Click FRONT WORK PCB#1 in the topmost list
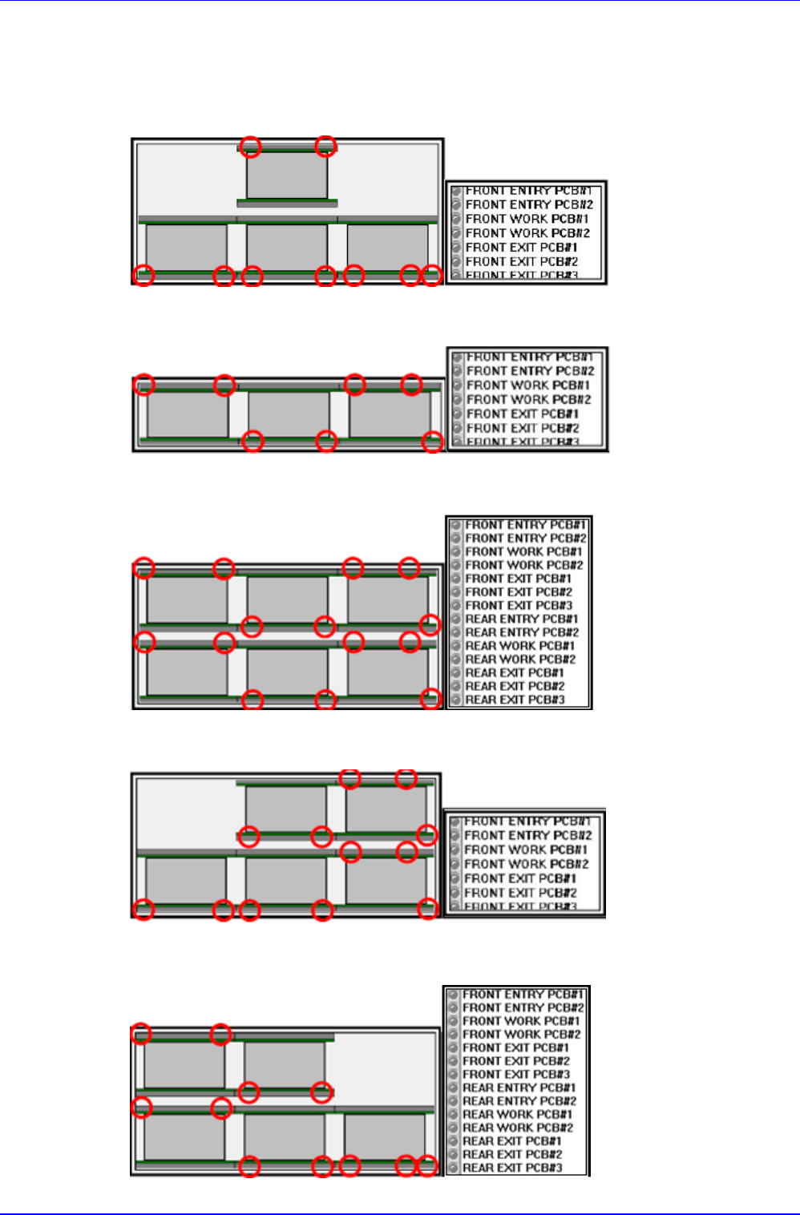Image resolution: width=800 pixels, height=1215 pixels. pos(527,219)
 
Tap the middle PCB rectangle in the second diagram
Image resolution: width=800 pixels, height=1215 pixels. pos(289,414)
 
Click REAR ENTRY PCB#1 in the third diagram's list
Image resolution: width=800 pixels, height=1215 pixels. pos(521,619)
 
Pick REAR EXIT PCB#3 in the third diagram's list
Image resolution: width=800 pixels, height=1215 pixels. pos(515,700)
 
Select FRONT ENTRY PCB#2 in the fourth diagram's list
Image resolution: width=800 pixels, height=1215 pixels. pos(527,835)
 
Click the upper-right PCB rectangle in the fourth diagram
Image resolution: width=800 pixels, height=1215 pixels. pos(386,809)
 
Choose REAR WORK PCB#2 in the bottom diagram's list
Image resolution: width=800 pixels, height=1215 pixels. pos(517,1128)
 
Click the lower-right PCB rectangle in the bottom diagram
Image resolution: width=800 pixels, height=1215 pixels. pos(384,1136)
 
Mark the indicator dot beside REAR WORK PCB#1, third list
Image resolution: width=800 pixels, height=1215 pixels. pos(456,646)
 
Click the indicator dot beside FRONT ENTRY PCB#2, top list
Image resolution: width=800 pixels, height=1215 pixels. pos(457,205)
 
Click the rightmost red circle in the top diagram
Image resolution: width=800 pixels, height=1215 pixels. pos(431,276)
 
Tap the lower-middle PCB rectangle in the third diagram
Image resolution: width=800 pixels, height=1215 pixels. pos(287,672)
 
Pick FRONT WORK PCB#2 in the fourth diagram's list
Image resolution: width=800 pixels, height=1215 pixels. pos(526,864)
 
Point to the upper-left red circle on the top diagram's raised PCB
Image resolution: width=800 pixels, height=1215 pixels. pos(251,146)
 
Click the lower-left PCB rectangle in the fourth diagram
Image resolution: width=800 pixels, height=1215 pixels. pos(185,880)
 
